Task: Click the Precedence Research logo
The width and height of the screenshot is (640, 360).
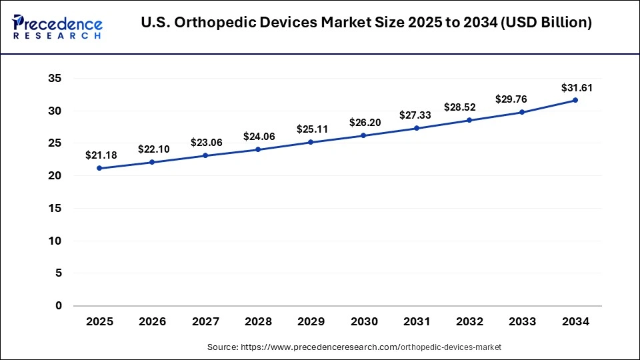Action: [57, 26]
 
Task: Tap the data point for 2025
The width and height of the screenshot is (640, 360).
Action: [99, 168]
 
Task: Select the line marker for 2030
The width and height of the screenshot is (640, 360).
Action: [363, 135]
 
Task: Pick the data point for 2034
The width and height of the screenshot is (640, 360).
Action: [575, 100]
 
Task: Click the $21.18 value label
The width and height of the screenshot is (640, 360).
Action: [101, 155]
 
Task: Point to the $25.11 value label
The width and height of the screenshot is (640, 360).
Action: [312, 129]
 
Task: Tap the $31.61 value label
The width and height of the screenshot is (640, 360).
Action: [576, 87]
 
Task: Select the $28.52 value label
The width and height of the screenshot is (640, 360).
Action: [469, 107]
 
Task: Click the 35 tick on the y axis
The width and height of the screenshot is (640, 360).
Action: [54, 79]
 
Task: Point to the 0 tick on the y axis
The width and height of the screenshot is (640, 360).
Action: [58, 306]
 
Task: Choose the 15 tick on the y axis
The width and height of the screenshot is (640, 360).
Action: [54, 209]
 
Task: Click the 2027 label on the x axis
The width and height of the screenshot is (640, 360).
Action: [205, 322]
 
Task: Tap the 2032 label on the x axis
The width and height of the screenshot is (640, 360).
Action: [469, 322]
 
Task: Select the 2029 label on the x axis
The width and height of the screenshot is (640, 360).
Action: [311, 322]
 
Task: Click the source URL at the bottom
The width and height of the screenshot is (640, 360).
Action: [355, 347]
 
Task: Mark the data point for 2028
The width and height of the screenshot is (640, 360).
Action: [258, 149]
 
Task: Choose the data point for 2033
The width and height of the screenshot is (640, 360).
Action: [522, 112]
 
